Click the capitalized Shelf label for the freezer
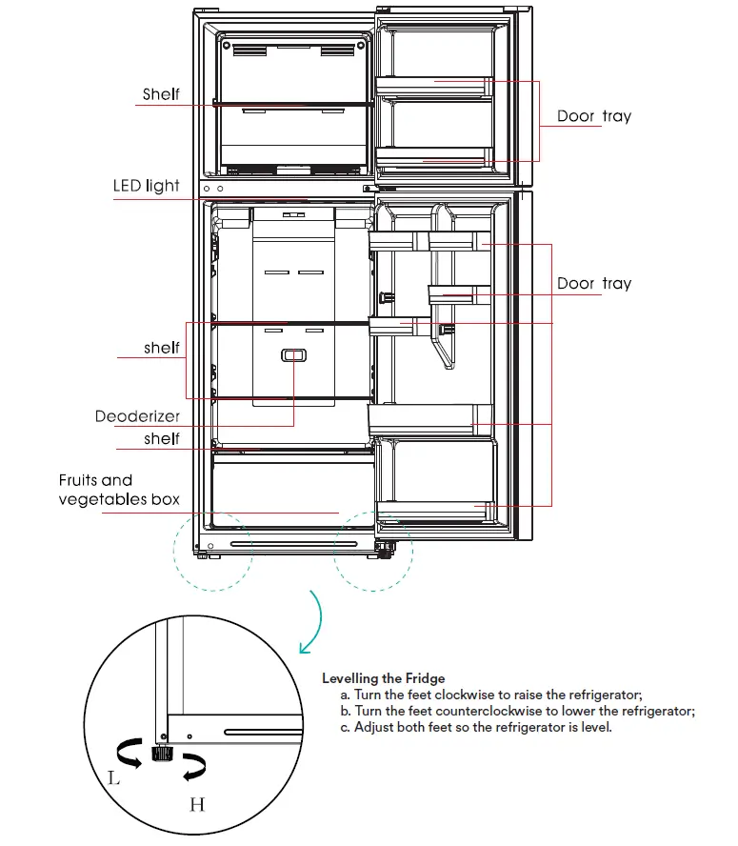coord(161,94)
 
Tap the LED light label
coord(146,186)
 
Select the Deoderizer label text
coord(137,417)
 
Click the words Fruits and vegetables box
coord(119,490)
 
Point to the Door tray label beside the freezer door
coord(593,116)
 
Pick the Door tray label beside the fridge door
coord(593,283)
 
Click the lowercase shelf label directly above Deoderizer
coord(162,348)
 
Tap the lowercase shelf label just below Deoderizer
coord(162,438)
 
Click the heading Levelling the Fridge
coord(383,678)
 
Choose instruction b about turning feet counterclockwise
coord(517,711)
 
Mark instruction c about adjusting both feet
coord(482,727)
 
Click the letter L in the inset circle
coord(114,777)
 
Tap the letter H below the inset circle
coord(197,805)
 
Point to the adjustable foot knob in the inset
coord(160,755)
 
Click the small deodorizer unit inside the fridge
coord(292,355)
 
